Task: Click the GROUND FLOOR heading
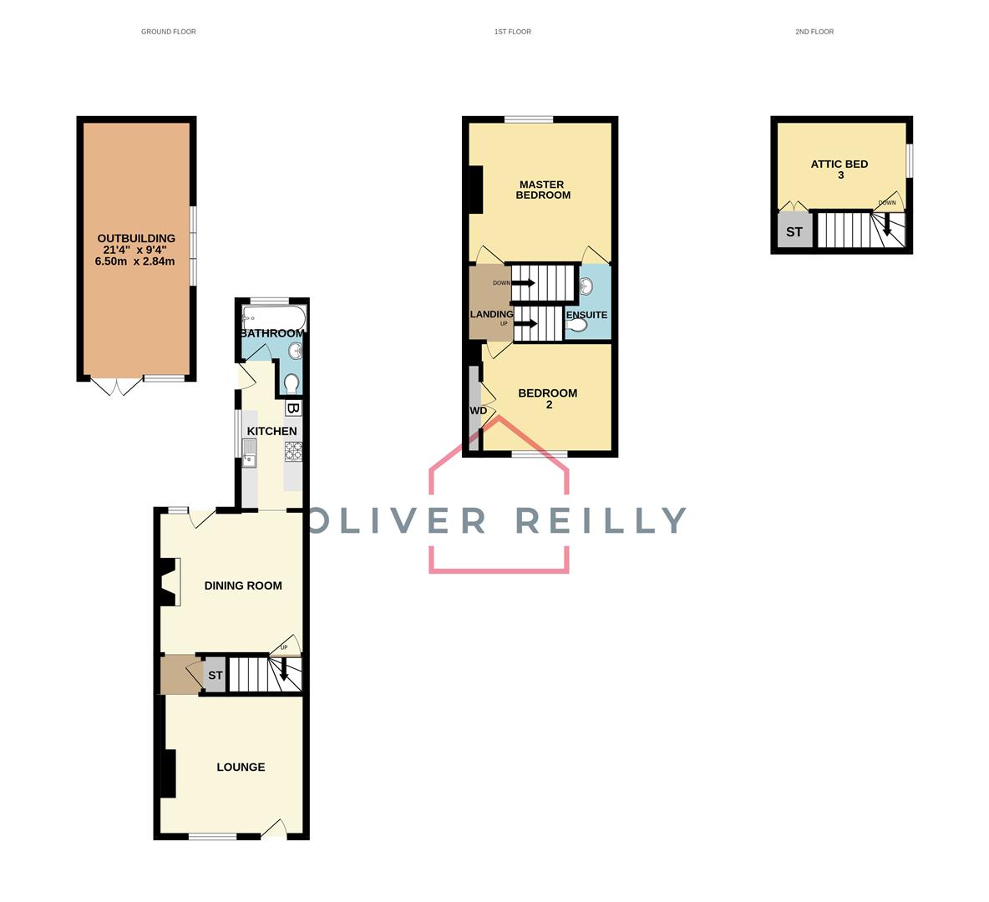click(169, 32)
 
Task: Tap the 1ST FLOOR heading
click(513, 32)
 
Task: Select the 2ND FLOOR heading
click(814, 32)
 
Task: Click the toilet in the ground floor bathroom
click(292, 383)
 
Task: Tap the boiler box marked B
click(293, 408)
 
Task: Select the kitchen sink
click(250, 454)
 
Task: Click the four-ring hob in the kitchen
click(293, 451)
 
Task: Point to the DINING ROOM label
click(243, 586)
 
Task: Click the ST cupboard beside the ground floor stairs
click(215, 675)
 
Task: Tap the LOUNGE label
click(241, 767)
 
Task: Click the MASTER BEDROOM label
click(542, 190)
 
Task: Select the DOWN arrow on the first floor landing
click(523, 282)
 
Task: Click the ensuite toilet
click(576, 326)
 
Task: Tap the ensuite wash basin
click(586, 286)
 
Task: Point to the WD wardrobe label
click(478, 411)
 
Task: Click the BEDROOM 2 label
click(548, 398)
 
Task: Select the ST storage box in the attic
click(794, 231)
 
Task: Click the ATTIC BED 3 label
click(839, 169)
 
